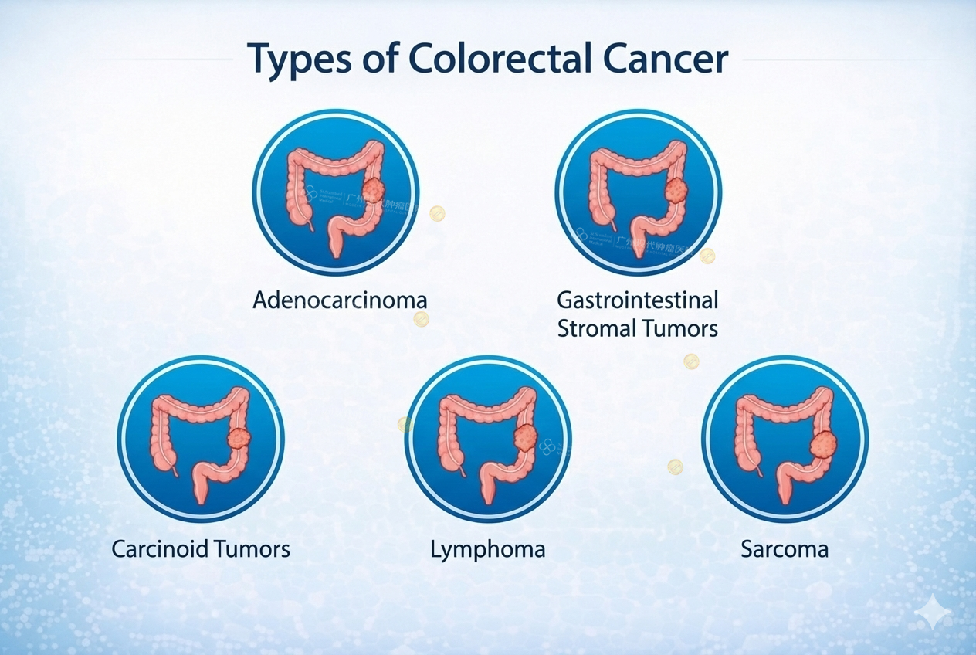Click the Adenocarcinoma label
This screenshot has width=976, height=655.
340,300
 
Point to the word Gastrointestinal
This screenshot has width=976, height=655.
638,300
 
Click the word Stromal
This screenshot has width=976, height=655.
597,328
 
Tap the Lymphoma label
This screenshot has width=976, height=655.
487,550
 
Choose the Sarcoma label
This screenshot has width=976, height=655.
785,549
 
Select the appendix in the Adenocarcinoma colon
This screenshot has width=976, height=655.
311,225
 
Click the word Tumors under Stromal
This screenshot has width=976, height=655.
679,328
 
